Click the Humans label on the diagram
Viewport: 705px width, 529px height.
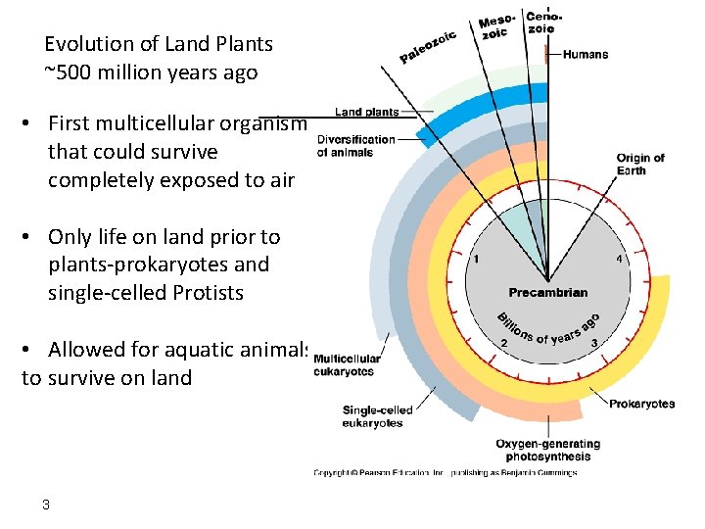click(586, 55)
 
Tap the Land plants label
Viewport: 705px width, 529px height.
click(367, 112)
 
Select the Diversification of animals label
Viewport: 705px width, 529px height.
click(356, 145)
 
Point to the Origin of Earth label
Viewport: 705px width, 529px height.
click(640, 165)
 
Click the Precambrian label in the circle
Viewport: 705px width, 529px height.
click(548, 292)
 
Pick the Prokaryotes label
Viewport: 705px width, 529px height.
click(641, 404)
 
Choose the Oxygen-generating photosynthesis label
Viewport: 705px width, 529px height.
click(547, 450)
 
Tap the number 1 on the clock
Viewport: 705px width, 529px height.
click(476, 260)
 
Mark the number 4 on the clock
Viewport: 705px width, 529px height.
click(619, 260)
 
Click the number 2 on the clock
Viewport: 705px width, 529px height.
click(503, 343)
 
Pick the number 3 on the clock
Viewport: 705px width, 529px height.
click(593, 343)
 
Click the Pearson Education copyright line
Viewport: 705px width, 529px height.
click(445, 472)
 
